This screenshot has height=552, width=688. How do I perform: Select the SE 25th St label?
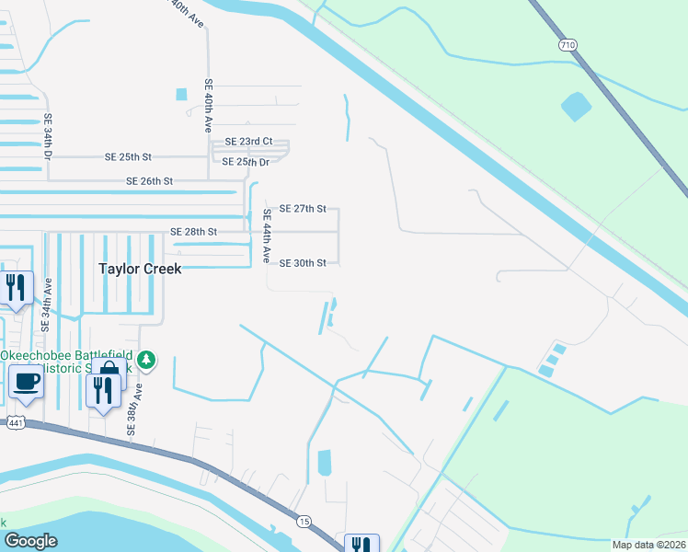point(128,157)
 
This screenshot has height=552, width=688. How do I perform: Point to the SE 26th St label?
point(150,181)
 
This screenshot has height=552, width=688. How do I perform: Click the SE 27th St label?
point(303,209)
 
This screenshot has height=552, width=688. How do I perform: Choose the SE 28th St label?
point(194,232)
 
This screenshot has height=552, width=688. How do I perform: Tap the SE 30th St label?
point(303,263)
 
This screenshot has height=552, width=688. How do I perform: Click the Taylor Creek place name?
point(140,269)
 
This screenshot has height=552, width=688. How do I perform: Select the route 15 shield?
point(304,522)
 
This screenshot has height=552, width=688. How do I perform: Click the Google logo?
point(30,541)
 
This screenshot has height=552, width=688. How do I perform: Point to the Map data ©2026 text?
point(648,545)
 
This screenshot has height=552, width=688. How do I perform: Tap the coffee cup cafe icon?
point(25,380)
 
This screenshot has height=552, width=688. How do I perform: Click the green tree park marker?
point(146,358)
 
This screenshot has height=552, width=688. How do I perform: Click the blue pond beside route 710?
point(577,107)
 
